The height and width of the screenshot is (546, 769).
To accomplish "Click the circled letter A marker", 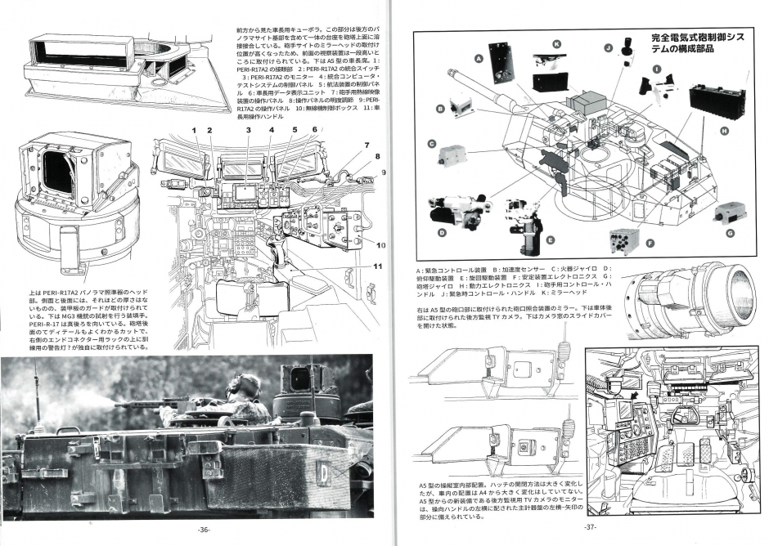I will tap(477, 59).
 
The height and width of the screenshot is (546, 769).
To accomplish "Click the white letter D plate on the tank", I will tap(324, 472).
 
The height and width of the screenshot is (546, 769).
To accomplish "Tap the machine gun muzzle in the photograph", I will tap(117, 404).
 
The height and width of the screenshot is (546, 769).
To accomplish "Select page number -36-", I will tap(204, 530).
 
